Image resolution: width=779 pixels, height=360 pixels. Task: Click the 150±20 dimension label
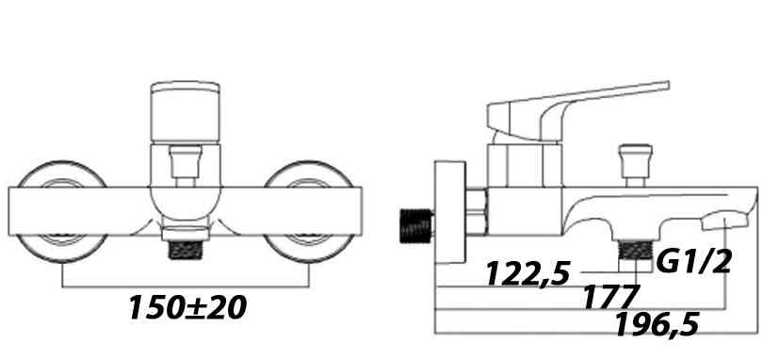tap(187, 308)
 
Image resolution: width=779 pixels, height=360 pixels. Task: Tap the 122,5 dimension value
tap(527, 273)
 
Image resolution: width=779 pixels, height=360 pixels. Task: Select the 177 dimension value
tap(610, 297)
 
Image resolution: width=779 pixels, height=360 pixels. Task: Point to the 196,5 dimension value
tap(657, 326)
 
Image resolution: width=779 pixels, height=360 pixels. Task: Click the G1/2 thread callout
tap(694, 262)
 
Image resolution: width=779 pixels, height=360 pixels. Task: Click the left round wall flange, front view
tap(62, 212)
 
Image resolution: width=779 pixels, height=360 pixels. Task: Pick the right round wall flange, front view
tap(309, 212)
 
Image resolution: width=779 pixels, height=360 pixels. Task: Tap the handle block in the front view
tap(186, 112)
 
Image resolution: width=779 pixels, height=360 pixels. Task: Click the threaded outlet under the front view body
tap(186, 250)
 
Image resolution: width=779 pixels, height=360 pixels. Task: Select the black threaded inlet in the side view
tap(416, 226)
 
